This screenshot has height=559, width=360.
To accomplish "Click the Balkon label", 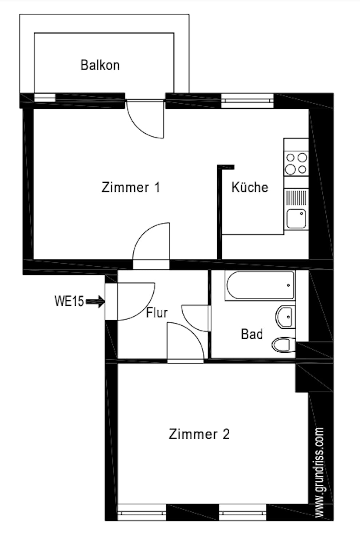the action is click(x=100, y=65).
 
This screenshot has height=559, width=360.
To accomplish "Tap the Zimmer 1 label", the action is click(x=131, y=187).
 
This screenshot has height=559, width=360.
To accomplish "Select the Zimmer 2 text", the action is click(x=199, y=434).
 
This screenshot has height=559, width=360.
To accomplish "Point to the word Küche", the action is click(x=250, y=187).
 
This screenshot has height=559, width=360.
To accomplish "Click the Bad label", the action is click(x=252, y=334).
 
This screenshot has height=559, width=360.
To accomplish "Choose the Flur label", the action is click(x=157, y=313).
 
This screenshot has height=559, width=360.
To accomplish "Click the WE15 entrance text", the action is click(x=69, y=301).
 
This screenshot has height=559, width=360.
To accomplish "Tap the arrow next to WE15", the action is click(x=95, y=302).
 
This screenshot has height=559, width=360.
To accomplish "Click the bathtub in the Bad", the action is click(x=260, y=285).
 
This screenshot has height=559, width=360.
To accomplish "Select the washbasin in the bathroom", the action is click(x=286, y=317).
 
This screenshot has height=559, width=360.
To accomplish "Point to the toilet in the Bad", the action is click(x=283, y=345).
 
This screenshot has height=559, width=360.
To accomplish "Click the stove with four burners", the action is click(x=296, y=164).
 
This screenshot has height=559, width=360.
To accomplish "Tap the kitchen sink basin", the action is click(x=296, y=219).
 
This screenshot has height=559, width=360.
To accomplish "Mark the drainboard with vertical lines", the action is click(x=296, y=198).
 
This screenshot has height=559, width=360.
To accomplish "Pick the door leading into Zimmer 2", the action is click(x=186, y=341).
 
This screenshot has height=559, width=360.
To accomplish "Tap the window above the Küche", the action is click(x=248, y=100).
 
